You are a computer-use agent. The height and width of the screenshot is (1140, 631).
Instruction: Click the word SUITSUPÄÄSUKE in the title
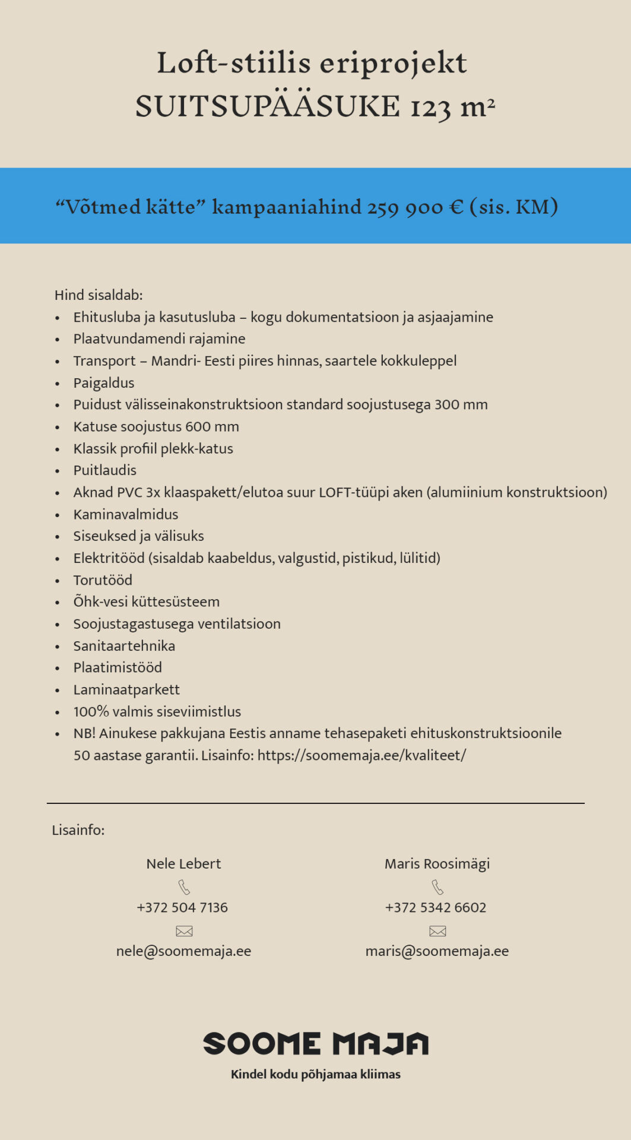click(268, 107)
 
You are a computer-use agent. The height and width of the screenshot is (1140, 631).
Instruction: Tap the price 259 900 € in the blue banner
click(415, 207)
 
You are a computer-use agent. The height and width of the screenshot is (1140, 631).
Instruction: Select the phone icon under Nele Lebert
click(184, 887)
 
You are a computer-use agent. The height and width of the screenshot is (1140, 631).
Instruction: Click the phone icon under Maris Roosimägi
click(437, 887)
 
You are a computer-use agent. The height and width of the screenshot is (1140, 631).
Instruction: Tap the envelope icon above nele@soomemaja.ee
click(184, 930)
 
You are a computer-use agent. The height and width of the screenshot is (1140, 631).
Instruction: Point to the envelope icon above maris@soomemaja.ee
click(437, 930)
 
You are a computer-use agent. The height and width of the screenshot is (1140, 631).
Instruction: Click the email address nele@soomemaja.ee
click(183, 951)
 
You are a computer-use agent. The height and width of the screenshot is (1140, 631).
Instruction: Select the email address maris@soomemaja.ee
click(437, 951)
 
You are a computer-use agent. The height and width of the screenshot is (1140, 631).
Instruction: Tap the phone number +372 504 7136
click(182, 907)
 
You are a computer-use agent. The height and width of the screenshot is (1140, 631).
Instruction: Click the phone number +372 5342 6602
click(436, 907)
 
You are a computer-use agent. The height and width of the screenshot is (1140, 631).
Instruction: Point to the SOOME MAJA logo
click(315, 1043)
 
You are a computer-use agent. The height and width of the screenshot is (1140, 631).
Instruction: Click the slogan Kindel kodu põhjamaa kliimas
click(315, 1074)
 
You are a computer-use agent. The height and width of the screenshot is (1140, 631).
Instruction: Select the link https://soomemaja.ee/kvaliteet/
click(362, 755)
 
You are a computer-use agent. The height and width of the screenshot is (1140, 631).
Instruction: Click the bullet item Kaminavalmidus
click(126, 514)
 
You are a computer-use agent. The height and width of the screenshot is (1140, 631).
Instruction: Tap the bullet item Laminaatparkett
click(126, 689)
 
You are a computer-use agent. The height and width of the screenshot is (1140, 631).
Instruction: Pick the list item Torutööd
click(103, 580)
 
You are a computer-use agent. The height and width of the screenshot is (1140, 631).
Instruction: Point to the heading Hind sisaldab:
click(99, 295)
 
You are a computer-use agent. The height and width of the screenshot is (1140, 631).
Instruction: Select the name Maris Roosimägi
click(437, 863)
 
